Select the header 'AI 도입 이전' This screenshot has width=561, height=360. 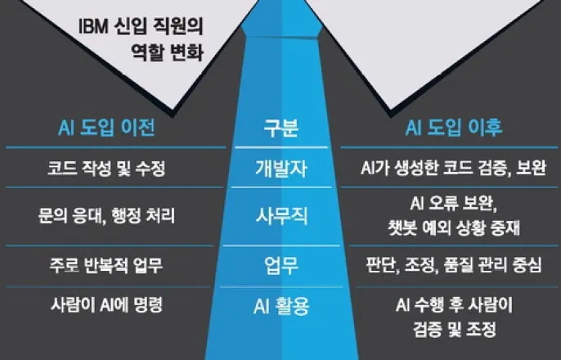107,130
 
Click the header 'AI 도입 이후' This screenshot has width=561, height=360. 454,130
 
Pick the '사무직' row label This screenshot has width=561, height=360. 280,217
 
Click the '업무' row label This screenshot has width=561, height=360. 280,265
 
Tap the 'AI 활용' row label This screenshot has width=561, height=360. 280,306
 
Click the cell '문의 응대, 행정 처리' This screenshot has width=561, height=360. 107,217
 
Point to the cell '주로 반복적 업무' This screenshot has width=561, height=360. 107,265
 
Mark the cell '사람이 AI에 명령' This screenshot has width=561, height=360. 107,306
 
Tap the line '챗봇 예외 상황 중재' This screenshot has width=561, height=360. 454,228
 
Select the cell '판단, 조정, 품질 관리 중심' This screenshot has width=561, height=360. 454,265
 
